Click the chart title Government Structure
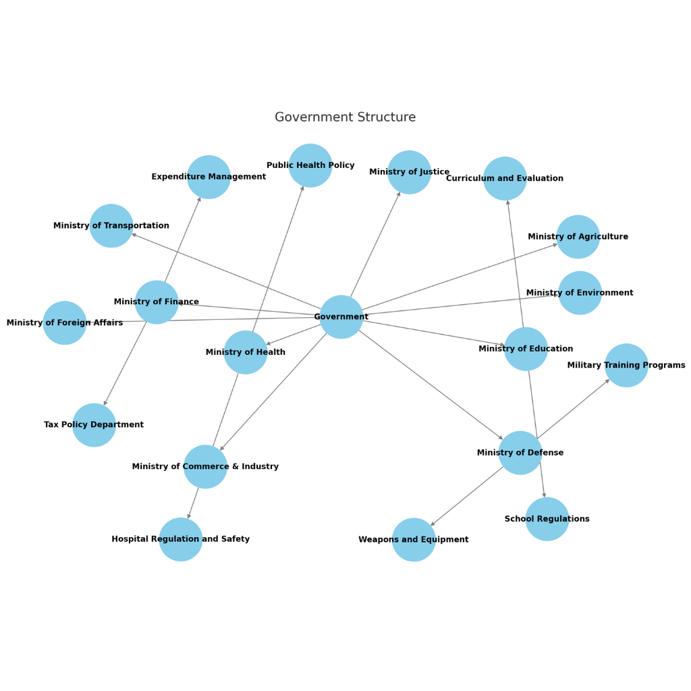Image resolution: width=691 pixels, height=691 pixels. tap(345, 117)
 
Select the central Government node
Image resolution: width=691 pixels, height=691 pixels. tap(341, 317)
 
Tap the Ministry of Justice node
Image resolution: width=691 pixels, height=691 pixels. tap(409, 172)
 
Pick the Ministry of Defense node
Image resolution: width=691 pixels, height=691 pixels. tap(520, 453)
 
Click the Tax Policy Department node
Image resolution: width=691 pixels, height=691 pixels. tap(94, 425)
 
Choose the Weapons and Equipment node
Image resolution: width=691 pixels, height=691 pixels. tap(414, 540)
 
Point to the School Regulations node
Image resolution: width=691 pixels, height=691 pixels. tap(547, 519)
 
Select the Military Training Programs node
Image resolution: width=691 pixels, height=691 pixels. tap(626, 365)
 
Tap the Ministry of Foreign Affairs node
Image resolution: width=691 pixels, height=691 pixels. tap(65, 323)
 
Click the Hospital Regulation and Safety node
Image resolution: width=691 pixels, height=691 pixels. tap(181, 539)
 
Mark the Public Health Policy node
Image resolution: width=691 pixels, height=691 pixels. tap(310, 165)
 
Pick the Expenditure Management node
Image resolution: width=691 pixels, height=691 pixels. tap(209, 177)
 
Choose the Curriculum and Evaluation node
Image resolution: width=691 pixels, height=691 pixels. tap(505, 179)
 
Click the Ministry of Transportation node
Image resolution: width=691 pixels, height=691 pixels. tap(111, 225)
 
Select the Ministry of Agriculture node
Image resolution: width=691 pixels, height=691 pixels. tap(578, 237)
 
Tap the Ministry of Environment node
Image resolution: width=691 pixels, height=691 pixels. tap(580, 293)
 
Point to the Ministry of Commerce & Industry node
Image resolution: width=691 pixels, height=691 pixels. tap(205, 466)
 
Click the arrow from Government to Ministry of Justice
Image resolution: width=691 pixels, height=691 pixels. tap(375, 244)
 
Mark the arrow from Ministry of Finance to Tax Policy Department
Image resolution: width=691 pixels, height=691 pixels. tap(126, 363)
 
